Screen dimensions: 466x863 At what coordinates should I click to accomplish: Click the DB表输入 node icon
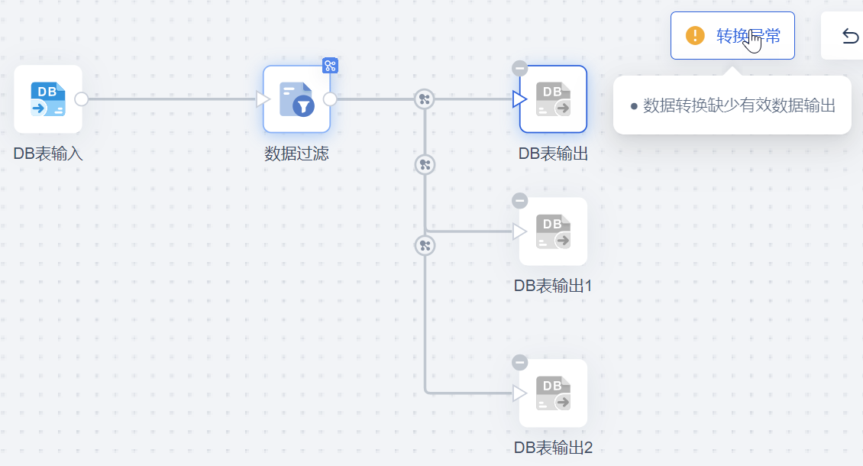point(48,99)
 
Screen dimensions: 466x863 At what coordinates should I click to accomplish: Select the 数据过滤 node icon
point(296,99)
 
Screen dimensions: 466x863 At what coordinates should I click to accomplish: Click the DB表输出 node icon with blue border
point(553,99)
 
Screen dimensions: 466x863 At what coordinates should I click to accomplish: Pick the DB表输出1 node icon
point(553,231)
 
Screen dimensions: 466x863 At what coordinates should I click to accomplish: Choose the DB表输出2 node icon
point(553,393)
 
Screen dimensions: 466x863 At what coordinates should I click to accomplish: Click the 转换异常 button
point(732,36)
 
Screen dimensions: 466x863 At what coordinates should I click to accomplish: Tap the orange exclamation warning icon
point(695,36)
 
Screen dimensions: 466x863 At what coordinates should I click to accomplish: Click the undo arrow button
point(849,36)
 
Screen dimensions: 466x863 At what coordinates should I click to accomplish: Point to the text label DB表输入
point(48,154)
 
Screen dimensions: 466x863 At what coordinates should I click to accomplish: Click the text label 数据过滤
point(296,154)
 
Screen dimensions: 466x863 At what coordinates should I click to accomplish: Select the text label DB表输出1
point(553,286)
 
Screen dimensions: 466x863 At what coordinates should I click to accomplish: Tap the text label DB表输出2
point(553,448)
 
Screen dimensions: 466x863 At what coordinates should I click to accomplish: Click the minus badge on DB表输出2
point(520,362)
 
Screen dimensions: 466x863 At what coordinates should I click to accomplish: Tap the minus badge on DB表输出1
point(520,200)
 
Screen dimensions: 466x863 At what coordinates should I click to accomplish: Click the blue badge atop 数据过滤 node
point(330,66)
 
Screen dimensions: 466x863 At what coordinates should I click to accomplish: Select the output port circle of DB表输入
point(82,99)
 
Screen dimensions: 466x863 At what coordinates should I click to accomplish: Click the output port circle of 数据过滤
point(330,99)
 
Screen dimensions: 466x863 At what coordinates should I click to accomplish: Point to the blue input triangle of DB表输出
point(520,99)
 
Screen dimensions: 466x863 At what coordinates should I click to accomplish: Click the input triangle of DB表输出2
point(520,393)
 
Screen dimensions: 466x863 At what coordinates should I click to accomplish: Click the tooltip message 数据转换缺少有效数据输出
point(739,105)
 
